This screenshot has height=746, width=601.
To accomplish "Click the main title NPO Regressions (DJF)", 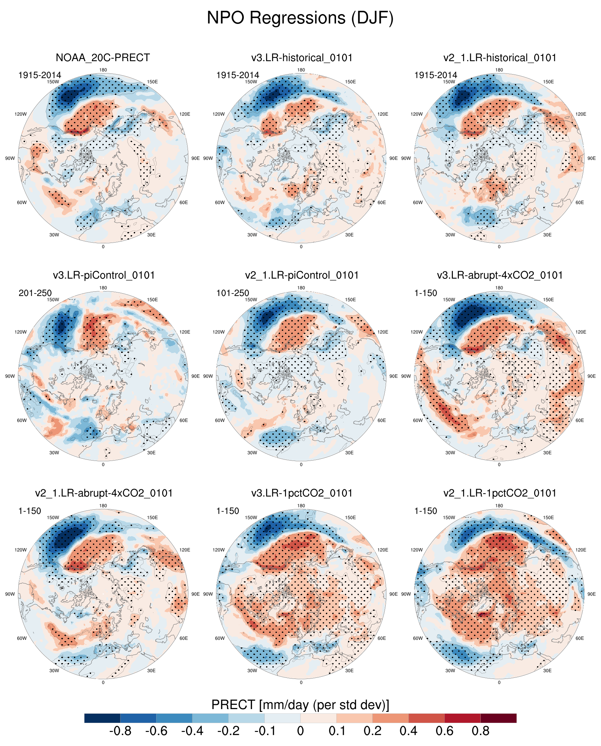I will pos(300,18).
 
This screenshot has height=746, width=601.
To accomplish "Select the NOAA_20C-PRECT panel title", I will pos(103,58).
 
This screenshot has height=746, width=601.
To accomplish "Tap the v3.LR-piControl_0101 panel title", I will pos(104,275).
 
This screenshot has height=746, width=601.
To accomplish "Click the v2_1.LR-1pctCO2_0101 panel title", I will pos(500,493).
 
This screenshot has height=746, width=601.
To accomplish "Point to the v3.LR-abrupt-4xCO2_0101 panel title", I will pos(500,275).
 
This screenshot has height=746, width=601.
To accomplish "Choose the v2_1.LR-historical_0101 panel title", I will pos(500,58).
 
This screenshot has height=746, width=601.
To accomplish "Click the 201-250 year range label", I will pos(35,293).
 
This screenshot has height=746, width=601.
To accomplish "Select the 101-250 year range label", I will pos(233,293).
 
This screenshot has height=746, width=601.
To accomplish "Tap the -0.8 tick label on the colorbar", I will pos(120,731).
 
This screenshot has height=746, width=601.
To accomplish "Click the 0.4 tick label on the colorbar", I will pos(408,731).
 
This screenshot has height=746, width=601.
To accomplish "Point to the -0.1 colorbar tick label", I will pos(265,731).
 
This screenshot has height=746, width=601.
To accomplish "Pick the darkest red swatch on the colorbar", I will pos(498,718).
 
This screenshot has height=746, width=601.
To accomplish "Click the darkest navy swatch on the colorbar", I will pos(102,718).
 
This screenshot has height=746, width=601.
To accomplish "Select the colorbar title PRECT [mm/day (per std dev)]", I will pos(300,705).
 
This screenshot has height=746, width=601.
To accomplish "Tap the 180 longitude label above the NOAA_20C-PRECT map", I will pos(103,70).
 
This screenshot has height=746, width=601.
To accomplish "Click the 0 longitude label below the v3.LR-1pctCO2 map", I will pos(301,682).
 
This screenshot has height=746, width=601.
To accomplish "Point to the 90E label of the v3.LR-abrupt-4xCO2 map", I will pos(591,376).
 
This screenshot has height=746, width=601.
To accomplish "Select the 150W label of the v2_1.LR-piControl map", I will pos(251,300).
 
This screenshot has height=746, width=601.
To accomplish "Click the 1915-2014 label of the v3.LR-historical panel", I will pos(238,75).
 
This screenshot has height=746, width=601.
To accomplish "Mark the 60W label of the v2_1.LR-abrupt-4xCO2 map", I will pos(22,638).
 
